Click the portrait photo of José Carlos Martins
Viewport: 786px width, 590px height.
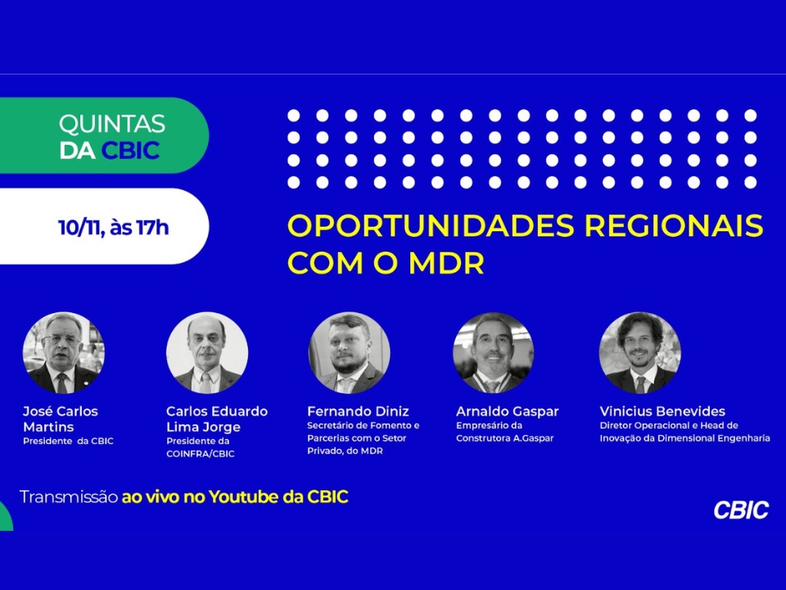(64, 352)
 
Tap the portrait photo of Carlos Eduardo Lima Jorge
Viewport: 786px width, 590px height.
(207, 352)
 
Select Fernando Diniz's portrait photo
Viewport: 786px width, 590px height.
(350, 352)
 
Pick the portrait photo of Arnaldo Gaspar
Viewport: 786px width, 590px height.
(493, 352)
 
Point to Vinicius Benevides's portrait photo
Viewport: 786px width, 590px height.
(640, 352)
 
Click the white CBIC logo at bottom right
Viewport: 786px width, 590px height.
(741, 510)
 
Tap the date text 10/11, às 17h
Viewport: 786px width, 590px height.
(114, 228)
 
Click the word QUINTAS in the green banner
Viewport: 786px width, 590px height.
(112, 125)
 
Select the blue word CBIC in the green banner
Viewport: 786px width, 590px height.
(130, 151)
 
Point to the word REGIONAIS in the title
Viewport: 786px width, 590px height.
(674, 225)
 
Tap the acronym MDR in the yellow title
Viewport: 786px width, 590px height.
(446, 263)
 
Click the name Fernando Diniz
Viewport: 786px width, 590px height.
(358, 411)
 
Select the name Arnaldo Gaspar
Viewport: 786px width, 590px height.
(508, 411)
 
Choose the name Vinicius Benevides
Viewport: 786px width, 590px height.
(662, 411)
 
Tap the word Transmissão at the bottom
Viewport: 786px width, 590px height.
(68, 497)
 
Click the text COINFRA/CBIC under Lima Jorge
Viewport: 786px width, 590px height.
(201, 453)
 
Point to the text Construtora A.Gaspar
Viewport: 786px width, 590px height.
(505, 438)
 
